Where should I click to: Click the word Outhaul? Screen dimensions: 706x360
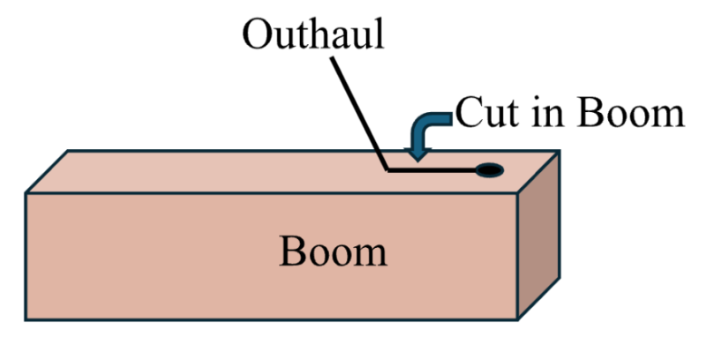(x=313, y=34)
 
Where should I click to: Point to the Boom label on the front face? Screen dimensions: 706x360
(x=334, y=251)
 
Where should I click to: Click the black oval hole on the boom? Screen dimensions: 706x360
(x=490, y=170)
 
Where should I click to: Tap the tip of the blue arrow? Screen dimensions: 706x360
(x=417, y=161)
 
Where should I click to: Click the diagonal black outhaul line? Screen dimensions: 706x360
(x=360, y=114)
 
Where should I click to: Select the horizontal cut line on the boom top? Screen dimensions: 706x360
(x=432, y=170)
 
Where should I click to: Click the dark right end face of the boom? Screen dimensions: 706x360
(x=538, y=236)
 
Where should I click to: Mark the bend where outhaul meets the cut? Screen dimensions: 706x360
(x=388, y=170)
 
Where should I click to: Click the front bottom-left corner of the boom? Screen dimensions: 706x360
(x=26, y=319)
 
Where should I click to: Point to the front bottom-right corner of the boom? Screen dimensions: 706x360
(x=517, y=319)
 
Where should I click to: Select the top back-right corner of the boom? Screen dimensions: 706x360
(x=560, y=151)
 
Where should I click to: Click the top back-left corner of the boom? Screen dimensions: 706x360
(x=68, y=151)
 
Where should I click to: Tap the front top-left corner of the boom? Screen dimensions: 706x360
(x=26, y=193)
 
